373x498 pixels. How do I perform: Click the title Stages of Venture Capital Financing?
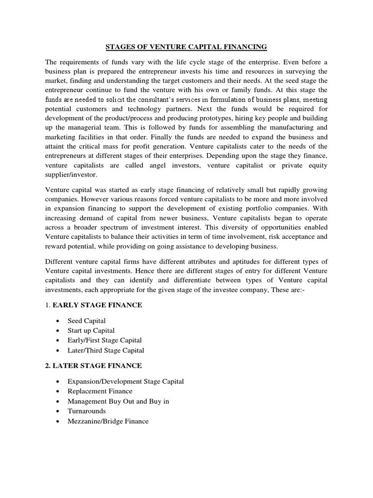(x=186, y=47)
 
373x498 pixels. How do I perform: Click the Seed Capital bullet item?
(x=87, y=321)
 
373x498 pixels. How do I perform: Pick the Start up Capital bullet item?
(x=92, y=331)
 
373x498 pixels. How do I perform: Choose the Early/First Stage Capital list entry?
(x=106, y=340)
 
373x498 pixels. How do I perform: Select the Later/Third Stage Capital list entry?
(x=107, y=350)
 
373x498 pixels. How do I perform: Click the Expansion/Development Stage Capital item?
(x=126, y=381)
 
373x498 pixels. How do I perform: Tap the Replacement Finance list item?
(x=101, y=391)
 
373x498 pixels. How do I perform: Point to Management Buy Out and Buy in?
(x=119, y=401)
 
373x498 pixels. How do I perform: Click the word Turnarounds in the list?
(x=87, y=411)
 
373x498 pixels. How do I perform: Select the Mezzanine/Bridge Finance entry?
(x=109, y=421)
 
